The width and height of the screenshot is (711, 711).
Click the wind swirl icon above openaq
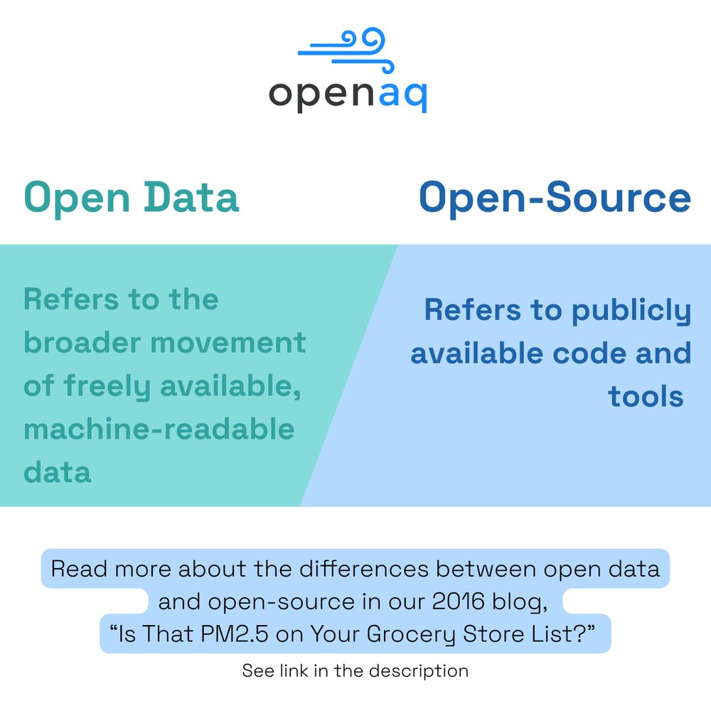(x=345, y=49)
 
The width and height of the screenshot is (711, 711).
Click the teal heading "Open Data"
(x=132, y=198)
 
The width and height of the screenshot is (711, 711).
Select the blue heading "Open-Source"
(x=555, y=198)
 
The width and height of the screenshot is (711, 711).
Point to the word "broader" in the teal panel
(x=82, y=342)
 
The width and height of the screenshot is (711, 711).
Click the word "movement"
(x=228, y=343)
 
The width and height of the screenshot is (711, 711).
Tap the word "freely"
(x=107, y=387)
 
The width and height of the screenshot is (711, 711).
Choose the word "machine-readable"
(x=159, y=429)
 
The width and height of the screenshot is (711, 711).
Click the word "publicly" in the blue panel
(x=631, y=311)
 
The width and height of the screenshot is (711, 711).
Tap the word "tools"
(x=646, y=397)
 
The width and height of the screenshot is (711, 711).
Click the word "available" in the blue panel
(x=476, y=353)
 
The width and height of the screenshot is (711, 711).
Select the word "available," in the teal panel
(x=230, y=386)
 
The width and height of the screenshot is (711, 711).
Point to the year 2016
(x=459, y=602)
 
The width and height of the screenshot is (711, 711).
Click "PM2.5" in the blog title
(x=235, y=634)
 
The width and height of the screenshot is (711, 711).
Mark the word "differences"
(x=364, y=569)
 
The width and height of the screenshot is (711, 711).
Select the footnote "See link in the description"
(x=355, y=671)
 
